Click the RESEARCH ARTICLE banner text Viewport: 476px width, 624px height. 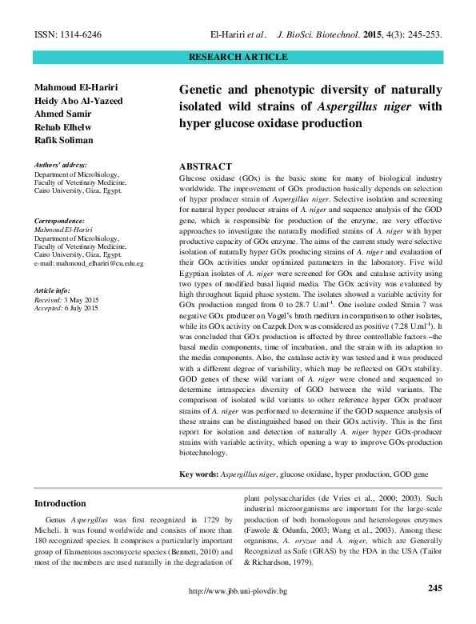coord(238,58)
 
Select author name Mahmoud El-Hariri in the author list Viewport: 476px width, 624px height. coord(74,86)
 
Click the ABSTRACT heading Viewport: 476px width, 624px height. coord(206,165)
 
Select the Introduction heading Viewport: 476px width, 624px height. coord(60,503)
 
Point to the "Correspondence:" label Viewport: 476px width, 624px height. coord(59,220)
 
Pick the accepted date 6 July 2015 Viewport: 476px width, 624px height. coord(85,307)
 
